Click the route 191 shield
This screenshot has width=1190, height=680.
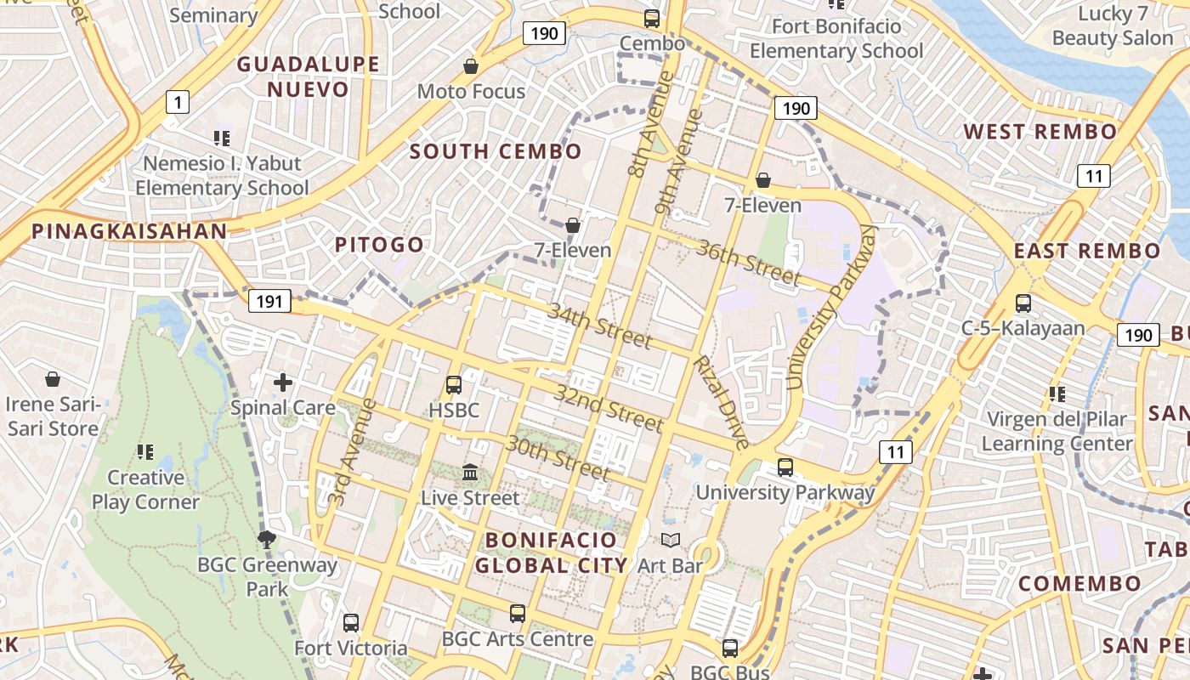[269, 301]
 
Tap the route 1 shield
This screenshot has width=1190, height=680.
[177, 103]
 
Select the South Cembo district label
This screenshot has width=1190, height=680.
[496, 152]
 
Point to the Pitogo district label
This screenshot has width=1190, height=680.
[379, 245]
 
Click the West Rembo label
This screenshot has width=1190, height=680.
[1040, 132]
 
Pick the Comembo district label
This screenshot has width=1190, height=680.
[1079, 584]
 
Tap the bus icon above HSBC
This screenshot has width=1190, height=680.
[454, 384]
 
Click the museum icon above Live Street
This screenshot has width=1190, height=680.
[470, 472]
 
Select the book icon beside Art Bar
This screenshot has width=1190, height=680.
[671, 540]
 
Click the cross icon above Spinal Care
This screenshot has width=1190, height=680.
[283, 382]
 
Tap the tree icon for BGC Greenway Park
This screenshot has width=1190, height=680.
[267, 538]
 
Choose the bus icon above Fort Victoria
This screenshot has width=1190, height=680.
[351, 623]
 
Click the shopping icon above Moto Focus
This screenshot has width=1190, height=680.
[470, 65]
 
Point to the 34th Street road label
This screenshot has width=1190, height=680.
[599, 326]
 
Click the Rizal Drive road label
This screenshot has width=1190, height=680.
[722, 401]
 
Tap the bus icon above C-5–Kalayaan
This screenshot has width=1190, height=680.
[1023, 303]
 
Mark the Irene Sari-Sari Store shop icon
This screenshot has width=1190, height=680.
[53, 378]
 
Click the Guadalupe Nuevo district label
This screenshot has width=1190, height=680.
[308, 76]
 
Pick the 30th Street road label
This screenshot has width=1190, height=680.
[558, 456]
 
